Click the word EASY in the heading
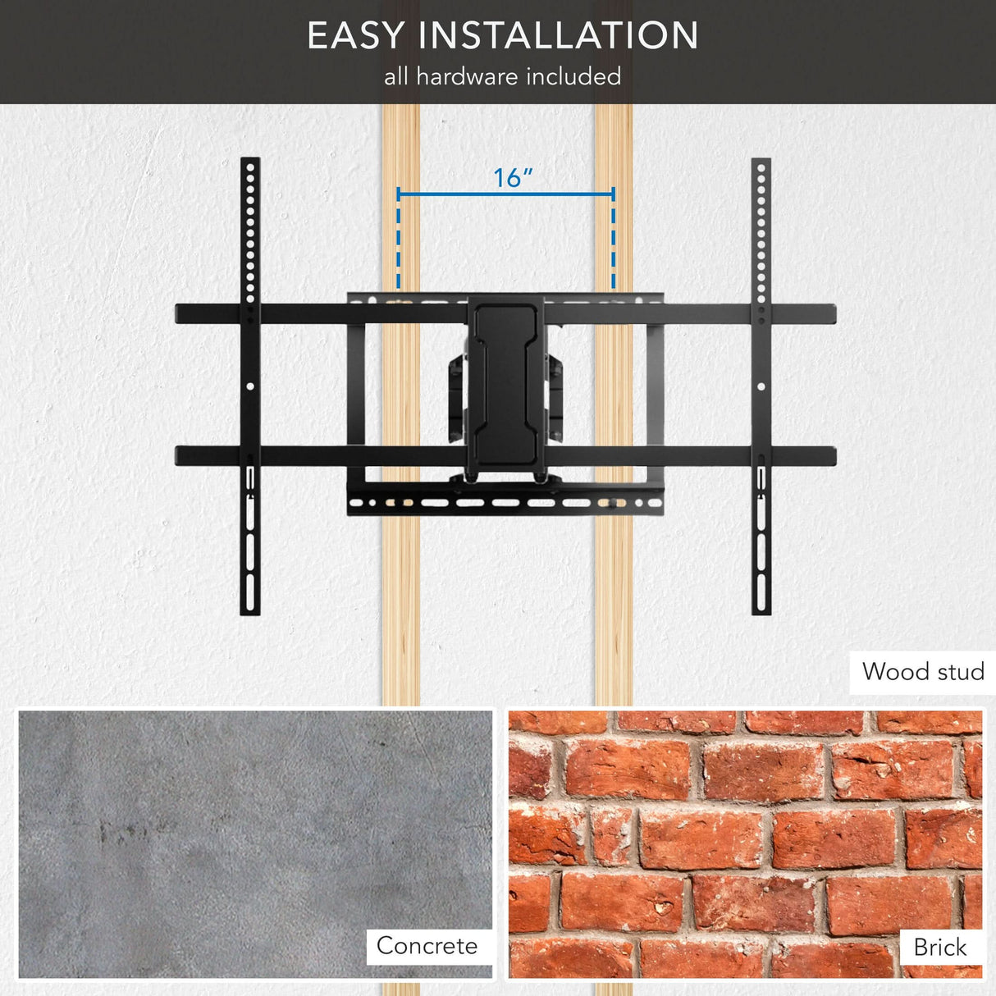pyautogui.click(x=356, y=36)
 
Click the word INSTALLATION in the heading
pyautogui.click(x=559, y=36)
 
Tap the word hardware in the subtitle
pyautogui.click(x=467, y=76)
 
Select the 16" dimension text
pyautogui.click(x=513, y=177)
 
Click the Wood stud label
pyautogui.click(x=922, y=672)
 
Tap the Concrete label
pyautogui.click(x=427, y=945)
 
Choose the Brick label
pyautogui.click(x=939, y=947)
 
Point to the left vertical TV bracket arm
pyautogui.click(x=250, y=386)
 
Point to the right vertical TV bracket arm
pyautogui.click(x=761, y=386)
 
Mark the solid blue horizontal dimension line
pyautogui.click(x=505, y=194)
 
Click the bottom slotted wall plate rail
pyautogui.click(x=505, y=503)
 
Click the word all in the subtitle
pyautogui.click(x=395, y=76)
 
